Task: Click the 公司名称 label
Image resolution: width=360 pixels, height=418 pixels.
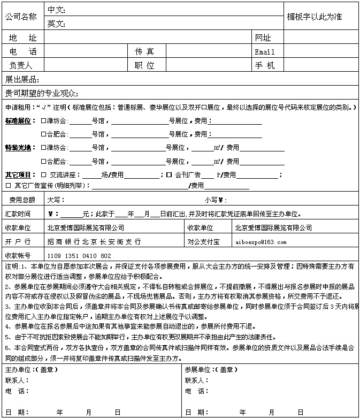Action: [21, 17]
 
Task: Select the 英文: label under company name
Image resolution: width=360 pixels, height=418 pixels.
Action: [56, 24]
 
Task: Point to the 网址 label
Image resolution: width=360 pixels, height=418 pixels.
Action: [263, 37]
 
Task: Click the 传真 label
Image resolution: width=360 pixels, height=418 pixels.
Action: [144, 51]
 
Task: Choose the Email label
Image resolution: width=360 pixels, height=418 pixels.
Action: [264, 52]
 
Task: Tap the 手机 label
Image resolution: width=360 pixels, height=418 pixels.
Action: [264, 65]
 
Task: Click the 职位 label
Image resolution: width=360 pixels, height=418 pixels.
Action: [144, 65]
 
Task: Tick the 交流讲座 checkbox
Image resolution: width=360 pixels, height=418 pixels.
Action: [44, 174]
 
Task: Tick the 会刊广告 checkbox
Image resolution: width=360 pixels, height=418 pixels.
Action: [168, 174]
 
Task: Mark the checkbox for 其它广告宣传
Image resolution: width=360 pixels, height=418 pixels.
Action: [8, 185]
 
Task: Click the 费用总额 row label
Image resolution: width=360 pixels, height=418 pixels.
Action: [22, 200]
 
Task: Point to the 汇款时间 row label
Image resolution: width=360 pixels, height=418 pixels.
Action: [18, 214]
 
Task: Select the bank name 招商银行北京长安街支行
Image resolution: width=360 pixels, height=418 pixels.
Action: [94, 242]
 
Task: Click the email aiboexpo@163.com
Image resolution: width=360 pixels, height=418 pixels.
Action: [261, 242]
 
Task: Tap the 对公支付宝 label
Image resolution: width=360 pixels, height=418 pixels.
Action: [203, 242]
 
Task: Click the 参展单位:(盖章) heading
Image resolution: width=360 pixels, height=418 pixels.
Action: [211, 369]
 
